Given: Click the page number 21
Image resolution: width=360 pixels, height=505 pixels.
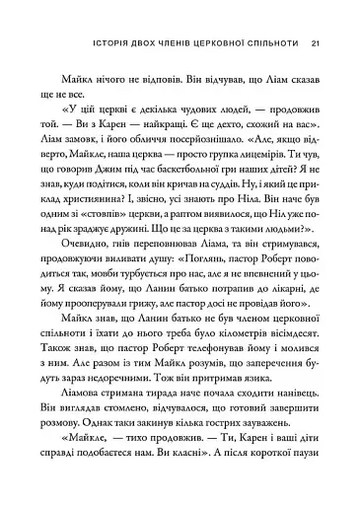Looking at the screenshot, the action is click(315, 16).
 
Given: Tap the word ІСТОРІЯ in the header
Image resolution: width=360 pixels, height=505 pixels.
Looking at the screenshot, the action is click(73, 16).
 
